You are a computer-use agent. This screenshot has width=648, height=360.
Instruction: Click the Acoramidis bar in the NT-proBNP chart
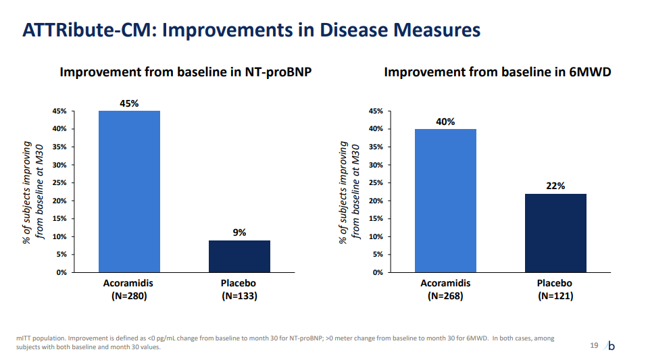tap(129, 191)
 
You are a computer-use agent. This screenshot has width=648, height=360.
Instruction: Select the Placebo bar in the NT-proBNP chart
tap(239, 256)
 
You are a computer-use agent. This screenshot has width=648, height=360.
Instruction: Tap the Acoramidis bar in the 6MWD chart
tap(445, 200)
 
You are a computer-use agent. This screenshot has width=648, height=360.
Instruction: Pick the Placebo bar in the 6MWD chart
tap(555, 232)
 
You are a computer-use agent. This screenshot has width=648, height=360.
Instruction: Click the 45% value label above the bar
tap(129, 103)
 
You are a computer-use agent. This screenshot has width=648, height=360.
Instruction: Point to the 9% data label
tap(239, 232)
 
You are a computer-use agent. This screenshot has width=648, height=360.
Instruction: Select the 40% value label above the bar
tap(445, 122)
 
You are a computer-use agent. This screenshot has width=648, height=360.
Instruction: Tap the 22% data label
tap(555, 186)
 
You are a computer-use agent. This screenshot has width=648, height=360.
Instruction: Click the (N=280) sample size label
tap(129, 296)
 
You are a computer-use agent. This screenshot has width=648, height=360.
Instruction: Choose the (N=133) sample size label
tap(239, 296)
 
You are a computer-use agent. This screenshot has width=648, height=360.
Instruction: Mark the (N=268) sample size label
tap(445, 296)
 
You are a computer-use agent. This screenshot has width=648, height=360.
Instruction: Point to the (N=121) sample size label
tap(555, 296)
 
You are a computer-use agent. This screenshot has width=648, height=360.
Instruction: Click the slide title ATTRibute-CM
tap(251, 30)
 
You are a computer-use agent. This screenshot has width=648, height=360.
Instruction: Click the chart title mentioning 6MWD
tap(497, 72)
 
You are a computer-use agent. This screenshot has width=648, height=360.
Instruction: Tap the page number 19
tap(594, 346)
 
